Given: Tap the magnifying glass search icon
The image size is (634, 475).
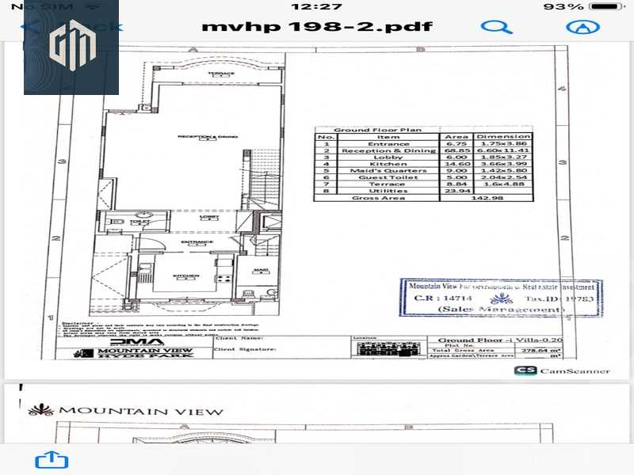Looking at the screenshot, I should coord(496,26).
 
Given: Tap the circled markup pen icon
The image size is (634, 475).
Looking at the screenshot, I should coord(582,26).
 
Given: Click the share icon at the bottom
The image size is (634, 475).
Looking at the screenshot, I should coord(46,461).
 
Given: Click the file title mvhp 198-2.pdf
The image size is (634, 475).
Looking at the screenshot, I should coord(317,26).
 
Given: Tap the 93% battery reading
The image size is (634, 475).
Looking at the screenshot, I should coord(564,6).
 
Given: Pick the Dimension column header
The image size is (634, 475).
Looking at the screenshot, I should coord(502,136).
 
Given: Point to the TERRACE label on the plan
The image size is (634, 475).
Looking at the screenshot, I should coord(221,74).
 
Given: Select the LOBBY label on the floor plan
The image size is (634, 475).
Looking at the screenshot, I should coord(210,217).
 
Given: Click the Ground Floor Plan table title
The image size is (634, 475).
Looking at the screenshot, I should coord(377,129).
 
